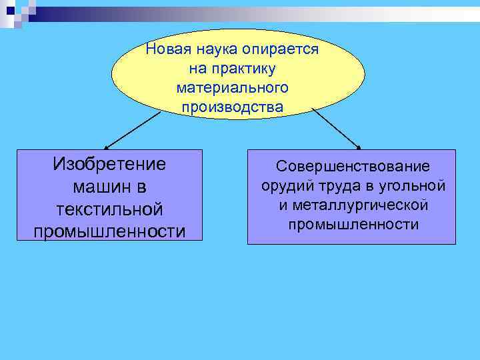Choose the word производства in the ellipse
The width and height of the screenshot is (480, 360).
[x=231, y=107]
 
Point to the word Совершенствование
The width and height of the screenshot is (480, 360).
[x=353, y=166]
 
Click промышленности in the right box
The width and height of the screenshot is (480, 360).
[x=353, y=224]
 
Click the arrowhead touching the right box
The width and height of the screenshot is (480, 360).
[x=358, y=147]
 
